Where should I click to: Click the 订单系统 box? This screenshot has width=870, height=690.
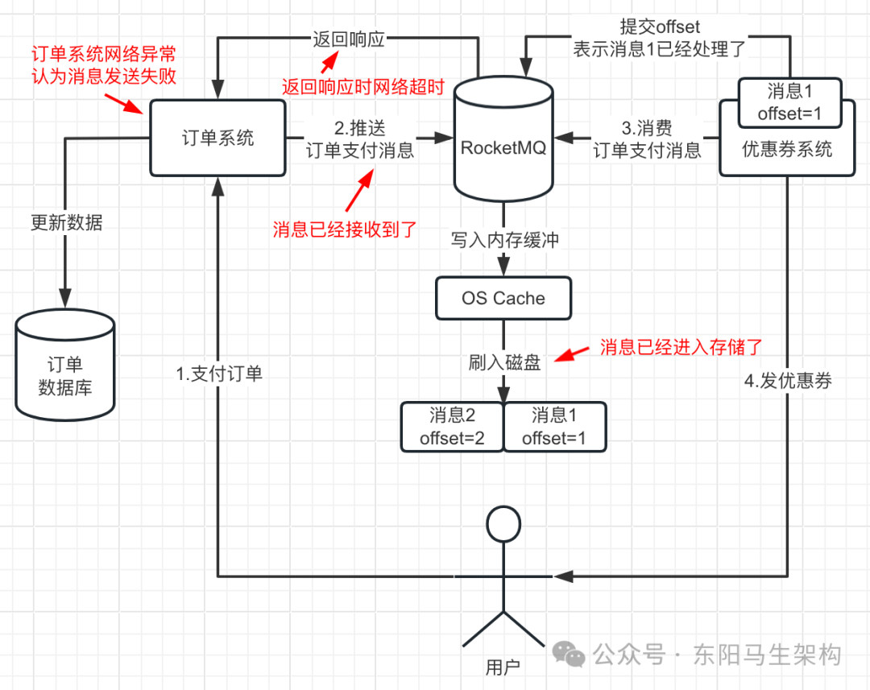pos(217,138)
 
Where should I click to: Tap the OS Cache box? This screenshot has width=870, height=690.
pos(503,299)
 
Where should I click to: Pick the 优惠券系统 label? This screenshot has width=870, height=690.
pos(787,150)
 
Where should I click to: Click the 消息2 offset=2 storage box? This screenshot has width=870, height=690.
pos(452,427)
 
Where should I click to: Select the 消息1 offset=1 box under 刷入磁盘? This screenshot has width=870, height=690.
pos(554,427)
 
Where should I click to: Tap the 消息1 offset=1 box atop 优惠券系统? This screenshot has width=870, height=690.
pos(789,103)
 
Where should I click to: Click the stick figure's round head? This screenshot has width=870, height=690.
pos(504,526)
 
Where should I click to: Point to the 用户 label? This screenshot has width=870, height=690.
pos(503,667)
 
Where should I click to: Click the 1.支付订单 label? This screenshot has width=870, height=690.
pos(219,374)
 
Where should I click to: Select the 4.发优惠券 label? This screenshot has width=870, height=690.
pos(788,382)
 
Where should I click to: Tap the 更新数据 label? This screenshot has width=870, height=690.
pos(67,223)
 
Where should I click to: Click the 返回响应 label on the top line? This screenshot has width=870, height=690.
pos(348,39)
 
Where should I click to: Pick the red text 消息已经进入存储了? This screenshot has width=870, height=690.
pos(681,348)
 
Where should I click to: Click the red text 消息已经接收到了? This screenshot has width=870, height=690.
pos(344,229)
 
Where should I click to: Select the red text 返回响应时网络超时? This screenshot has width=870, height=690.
pos(362,88)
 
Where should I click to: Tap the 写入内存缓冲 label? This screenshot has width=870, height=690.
pos(504,241)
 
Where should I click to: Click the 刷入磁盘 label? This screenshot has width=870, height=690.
pos(504,363)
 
